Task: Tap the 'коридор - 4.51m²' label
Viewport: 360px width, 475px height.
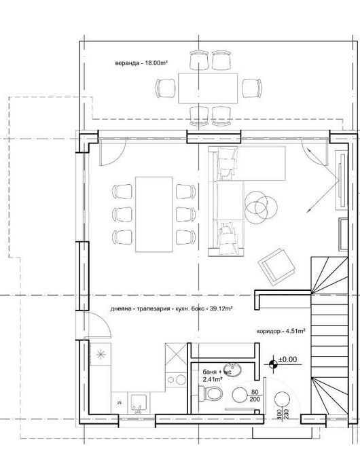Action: coord(281,331)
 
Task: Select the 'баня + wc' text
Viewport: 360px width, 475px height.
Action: coord(217,372)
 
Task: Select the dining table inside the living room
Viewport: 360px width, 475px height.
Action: coord(153,213)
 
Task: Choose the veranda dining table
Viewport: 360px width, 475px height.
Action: coord(208,88)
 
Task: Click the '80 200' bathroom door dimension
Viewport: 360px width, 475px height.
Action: coord(255,396)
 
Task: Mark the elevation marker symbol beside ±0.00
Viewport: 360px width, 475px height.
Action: coord(273,364)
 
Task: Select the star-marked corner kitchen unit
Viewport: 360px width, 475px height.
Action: coord(101,355)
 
